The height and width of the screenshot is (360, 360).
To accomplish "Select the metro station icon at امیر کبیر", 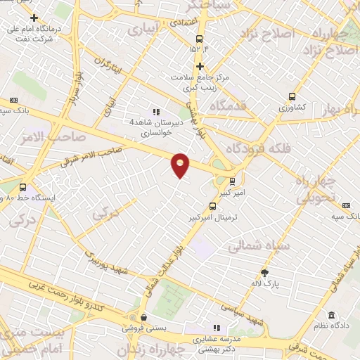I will (233, 180).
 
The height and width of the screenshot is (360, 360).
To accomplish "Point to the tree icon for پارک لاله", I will (264, 274).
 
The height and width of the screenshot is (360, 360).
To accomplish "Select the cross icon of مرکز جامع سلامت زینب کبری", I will (200, 66).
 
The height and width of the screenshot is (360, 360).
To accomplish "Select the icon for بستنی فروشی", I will (143, 317).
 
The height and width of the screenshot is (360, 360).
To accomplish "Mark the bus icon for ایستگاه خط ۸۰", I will (23, 188).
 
